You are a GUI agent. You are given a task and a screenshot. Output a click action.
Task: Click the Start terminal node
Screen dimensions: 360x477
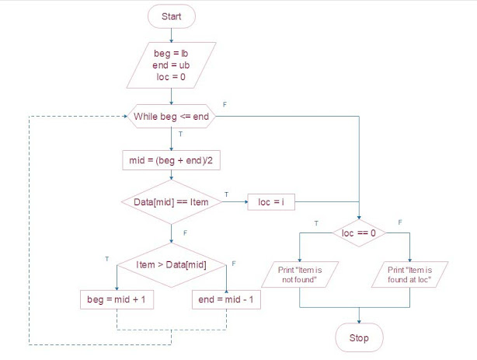point(171,16)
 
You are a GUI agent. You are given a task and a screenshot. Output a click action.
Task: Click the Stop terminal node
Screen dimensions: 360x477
point(359,338)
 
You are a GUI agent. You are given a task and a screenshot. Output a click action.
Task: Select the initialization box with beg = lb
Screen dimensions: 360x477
point(171,66)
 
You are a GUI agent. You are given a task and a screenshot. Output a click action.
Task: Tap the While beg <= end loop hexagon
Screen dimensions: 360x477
point(171,117)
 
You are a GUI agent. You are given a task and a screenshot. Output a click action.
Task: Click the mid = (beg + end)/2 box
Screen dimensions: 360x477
point(171,161)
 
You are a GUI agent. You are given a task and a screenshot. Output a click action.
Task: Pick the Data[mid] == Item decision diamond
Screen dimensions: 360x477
point(171,202)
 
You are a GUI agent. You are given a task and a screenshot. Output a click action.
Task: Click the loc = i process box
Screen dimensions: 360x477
point(272,202)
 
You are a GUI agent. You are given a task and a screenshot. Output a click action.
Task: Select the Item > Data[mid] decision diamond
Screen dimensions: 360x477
point(171,266)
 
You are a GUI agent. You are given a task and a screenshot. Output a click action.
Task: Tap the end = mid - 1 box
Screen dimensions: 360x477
point(226,299)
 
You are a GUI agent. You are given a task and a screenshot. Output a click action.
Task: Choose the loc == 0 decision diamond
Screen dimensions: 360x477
point(359,232)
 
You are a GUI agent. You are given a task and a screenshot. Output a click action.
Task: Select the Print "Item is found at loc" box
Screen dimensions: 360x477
point(409,274)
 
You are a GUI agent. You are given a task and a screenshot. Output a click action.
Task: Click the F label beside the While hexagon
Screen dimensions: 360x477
point(225,103)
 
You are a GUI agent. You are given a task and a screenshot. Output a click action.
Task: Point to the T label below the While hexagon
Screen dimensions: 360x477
point(180,135)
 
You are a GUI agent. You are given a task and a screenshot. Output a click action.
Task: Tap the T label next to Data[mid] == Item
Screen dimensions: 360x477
point(226,194)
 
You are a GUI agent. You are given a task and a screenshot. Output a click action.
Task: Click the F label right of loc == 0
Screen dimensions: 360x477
point(400,222)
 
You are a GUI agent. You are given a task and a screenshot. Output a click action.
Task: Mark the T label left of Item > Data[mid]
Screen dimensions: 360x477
point(106,257)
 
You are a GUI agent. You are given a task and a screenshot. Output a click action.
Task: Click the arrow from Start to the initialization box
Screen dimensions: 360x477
point(171,34)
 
